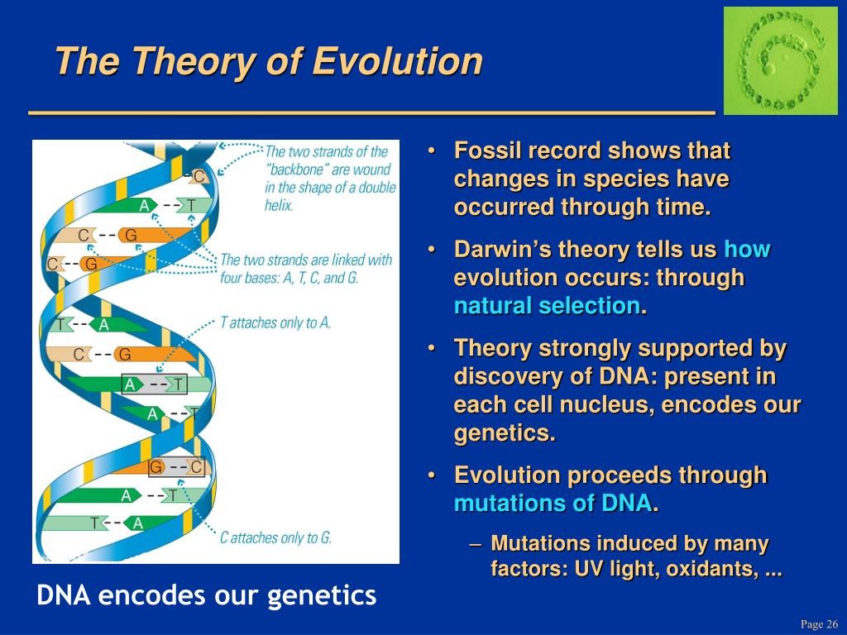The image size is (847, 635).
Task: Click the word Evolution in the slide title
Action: pyautogui.click(x=397, y=60)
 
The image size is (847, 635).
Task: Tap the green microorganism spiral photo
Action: pyautogui.click(x=780, y=60)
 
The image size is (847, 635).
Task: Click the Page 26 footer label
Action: pyautogui.click(x=819, y=623)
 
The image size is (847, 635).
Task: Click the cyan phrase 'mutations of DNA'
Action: pyautogui.click(x=553, y=504)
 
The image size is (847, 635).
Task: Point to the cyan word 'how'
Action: pyautogui.click(x=747, y=249)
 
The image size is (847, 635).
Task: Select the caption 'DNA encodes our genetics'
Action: pyautogui.click(x=206, y=595)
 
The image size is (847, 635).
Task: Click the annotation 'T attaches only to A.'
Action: pyautogui.click(x=275, y=323)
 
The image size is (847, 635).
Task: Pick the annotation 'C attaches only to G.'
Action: pyautogui.click(x=275, y=537)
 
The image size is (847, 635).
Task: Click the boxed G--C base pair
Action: pyautogui.click(x=176, y=467)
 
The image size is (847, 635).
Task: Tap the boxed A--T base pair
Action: pyautogui.click(x=155, y=384)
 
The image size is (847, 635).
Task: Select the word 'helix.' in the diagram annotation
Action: pyautogui.click(x=279, y=205)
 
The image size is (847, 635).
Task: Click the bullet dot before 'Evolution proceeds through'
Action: pyautogui.click(x=431, y=475)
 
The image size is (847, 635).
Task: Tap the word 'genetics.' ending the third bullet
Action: pyautogui.click(x=505, y=433)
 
